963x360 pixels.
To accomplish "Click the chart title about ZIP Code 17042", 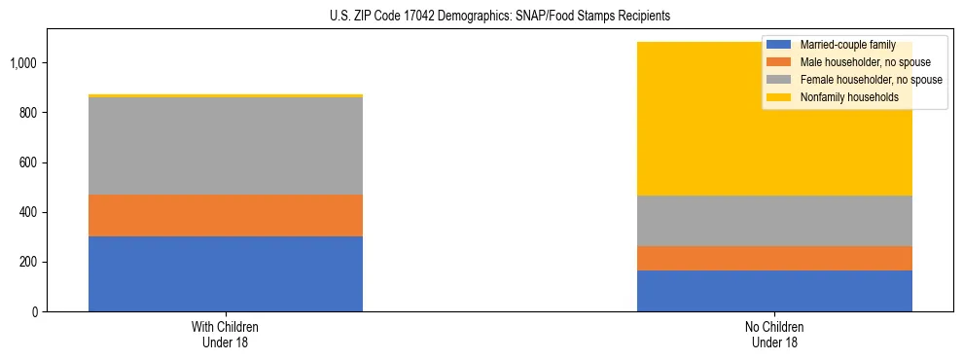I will [x=481, y=17].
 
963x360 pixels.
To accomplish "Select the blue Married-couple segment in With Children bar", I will [x=226, y=273].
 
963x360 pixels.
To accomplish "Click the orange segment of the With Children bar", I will [x=226, y=215].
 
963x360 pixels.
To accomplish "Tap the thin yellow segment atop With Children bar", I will [x=226, y=95].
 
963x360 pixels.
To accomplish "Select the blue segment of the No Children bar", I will [x=774, y=291].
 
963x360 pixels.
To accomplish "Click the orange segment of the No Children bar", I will [x=774, y=258].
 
